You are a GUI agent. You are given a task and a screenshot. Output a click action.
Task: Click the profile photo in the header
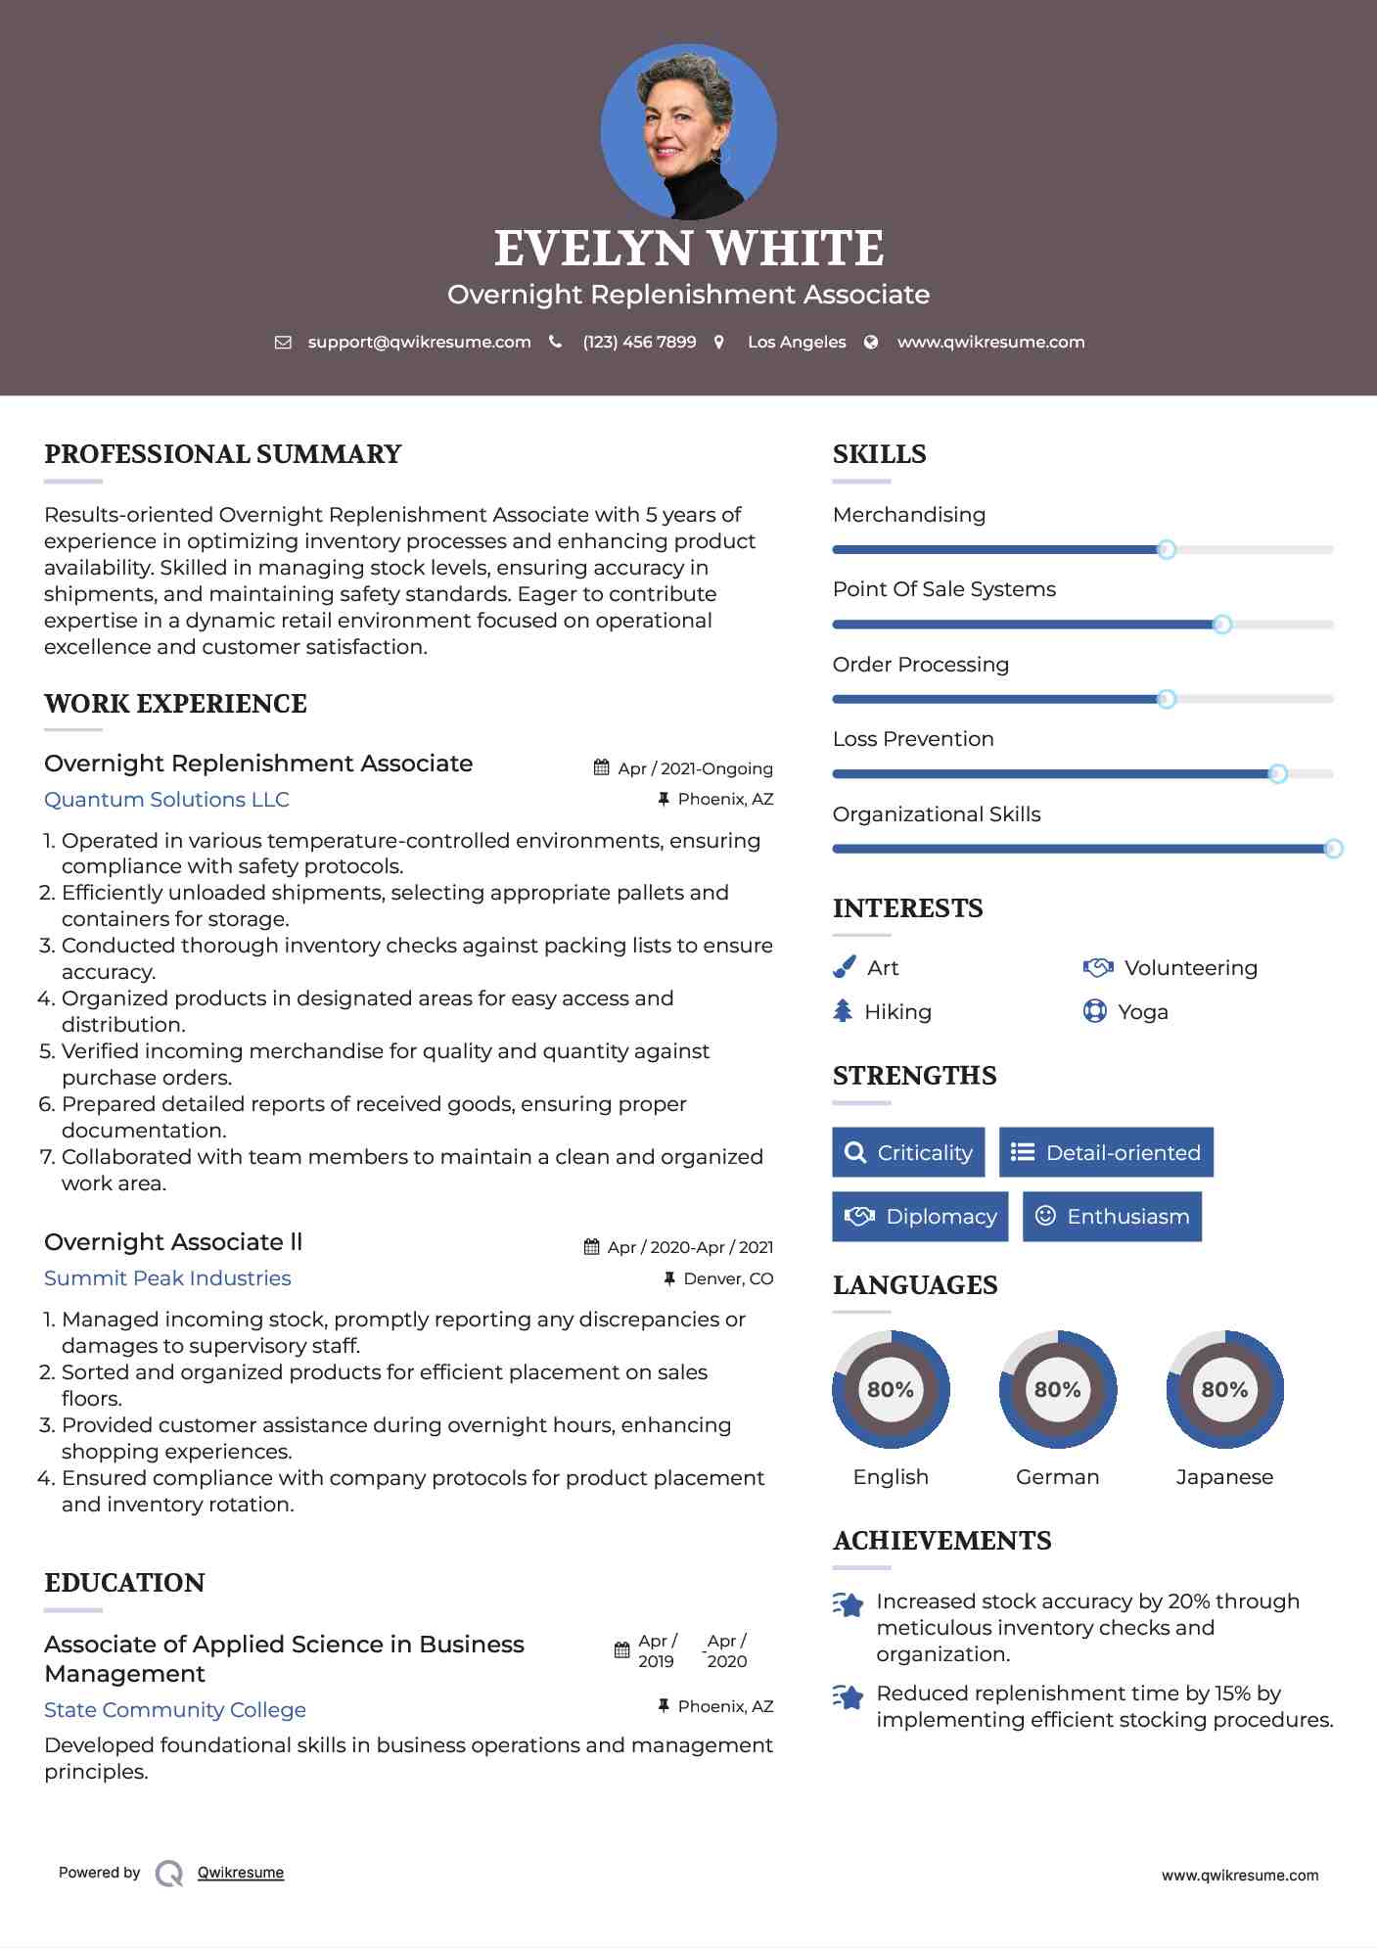688,131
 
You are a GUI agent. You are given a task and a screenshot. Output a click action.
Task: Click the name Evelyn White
688,248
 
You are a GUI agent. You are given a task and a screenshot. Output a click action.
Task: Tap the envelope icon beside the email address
283,343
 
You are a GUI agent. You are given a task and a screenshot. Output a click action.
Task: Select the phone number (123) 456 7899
639,343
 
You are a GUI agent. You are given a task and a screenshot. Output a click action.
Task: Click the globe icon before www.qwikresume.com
871,343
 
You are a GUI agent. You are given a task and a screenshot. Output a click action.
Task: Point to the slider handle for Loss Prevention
1277,774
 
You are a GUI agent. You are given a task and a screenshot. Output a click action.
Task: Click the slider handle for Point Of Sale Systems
1221,625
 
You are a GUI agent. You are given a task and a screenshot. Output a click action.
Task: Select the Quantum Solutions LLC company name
166,800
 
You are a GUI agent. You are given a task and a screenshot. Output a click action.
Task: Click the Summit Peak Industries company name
167,1278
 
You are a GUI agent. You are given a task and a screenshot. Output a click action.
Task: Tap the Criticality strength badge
908,1152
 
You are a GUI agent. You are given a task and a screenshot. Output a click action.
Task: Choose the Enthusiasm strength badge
1112,1217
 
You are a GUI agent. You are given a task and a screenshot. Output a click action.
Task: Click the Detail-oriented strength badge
1106,1152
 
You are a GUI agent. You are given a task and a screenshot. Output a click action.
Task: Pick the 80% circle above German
1057,1389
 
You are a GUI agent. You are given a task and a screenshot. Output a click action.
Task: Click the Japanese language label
1224,1477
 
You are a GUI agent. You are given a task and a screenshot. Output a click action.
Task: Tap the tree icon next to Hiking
843,1011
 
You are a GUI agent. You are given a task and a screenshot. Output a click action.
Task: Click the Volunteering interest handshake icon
1098,968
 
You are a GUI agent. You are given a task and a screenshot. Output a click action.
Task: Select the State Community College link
175,1710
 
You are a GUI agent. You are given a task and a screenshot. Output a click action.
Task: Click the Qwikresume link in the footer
241,1873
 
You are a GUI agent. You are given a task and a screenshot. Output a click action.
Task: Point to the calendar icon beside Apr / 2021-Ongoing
602,768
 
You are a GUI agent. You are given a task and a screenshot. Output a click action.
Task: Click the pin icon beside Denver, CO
669,1278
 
